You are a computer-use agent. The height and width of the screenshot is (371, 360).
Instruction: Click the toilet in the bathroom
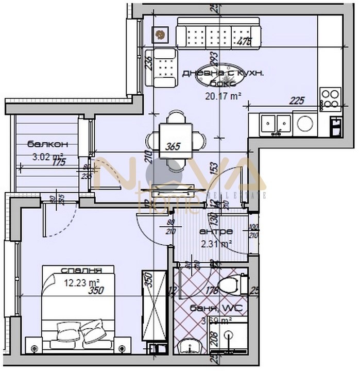coord(229,284)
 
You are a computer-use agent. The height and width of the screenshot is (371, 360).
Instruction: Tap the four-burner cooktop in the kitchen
coord(330,98)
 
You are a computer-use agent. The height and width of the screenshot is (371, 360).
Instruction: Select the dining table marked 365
coord(175,140)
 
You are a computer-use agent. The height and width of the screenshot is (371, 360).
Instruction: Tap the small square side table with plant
coord(160,35)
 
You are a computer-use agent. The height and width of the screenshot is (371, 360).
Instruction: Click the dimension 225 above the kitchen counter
coord(297,100)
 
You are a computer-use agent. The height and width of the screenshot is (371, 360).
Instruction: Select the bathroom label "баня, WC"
coord(222,309)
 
